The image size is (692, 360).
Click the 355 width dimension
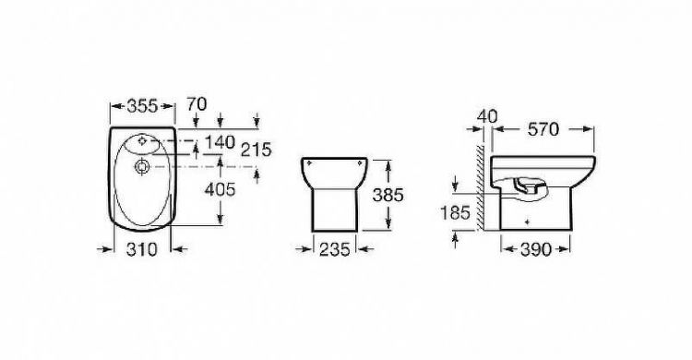pos(142,106)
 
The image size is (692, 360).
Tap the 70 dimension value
pos(197,104)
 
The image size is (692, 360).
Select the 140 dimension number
pos(220,142)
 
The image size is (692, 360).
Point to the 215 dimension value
pos(256,150)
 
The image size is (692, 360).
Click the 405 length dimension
pos(221,190)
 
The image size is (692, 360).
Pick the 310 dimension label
pos(142,249)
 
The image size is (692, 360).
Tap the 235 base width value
pos(335,249)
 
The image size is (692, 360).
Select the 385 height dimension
pos(388,195)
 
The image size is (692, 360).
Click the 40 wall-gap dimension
pos(487,116)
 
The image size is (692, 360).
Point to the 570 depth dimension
pos(543,129)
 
